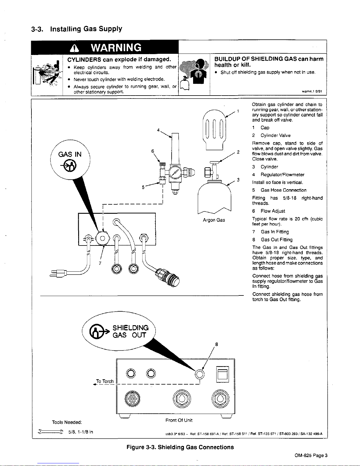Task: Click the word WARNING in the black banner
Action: pos(116,47)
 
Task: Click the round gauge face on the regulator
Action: pos(175,171)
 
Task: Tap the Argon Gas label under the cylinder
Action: pos(214,220)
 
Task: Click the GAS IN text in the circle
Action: pos(70,154)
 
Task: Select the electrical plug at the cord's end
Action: pos(59,273)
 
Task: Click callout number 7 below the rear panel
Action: pos(100,263)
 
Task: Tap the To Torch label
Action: pos(105,381)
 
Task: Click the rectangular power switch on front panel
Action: pos(222,374)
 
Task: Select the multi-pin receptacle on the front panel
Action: pos(131,400)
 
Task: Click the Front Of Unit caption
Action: pos(179,420)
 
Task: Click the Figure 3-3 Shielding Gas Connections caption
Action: pos(180,447)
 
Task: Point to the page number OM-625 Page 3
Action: pos(311,456)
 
